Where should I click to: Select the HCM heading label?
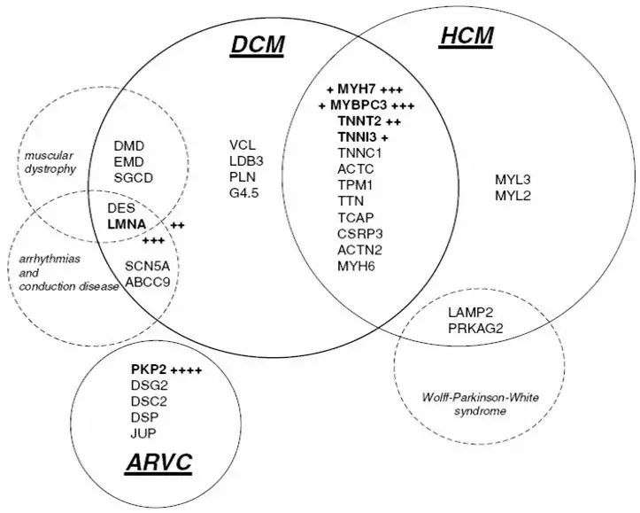466,36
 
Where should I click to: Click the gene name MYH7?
357,89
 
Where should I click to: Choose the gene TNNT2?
359,121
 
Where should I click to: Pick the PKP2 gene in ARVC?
147,369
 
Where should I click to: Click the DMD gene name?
129,145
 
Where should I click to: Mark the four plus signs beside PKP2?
187,369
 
